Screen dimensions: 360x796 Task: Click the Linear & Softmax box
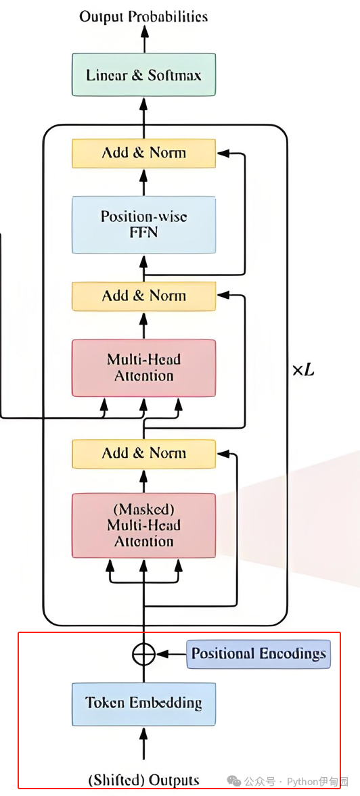click(x=143, y=75)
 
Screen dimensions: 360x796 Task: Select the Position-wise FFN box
click(x=143, y=225)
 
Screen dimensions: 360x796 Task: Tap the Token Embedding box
click(x=143, y=703)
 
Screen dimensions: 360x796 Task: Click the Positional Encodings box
click(x=258, y=654)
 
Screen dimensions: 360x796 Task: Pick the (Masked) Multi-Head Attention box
click(x=143, y=525)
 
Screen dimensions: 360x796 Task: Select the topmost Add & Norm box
click(x=143, y=153)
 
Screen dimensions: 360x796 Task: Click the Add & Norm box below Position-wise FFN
click(x=143, y=296)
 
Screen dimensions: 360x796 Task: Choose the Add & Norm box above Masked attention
click(x=143, y=453)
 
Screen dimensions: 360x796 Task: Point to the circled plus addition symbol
click(x=143, y=655)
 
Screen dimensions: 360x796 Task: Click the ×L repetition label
click(x=303, y=371)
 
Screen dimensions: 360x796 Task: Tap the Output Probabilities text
click(x=143, y=17)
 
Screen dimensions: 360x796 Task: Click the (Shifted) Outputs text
click(x=143, y=780)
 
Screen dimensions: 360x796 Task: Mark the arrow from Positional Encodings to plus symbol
click(x=171, y=655)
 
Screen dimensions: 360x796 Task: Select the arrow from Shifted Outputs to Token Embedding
click(x=143, y=746)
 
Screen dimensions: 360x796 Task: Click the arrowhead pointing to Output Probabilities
click(x=143, y=31)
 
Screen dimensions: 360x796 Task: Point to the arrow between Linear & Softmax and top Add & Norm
click(x=143, y=118)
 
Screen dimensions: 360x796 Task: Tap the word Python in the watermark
click(x=303, y=781)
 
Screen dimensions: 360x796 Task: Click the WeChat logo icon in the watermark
click(x=234, y=780)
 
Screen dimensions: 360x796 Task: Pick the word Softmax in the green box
click(x=175, y=76)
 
